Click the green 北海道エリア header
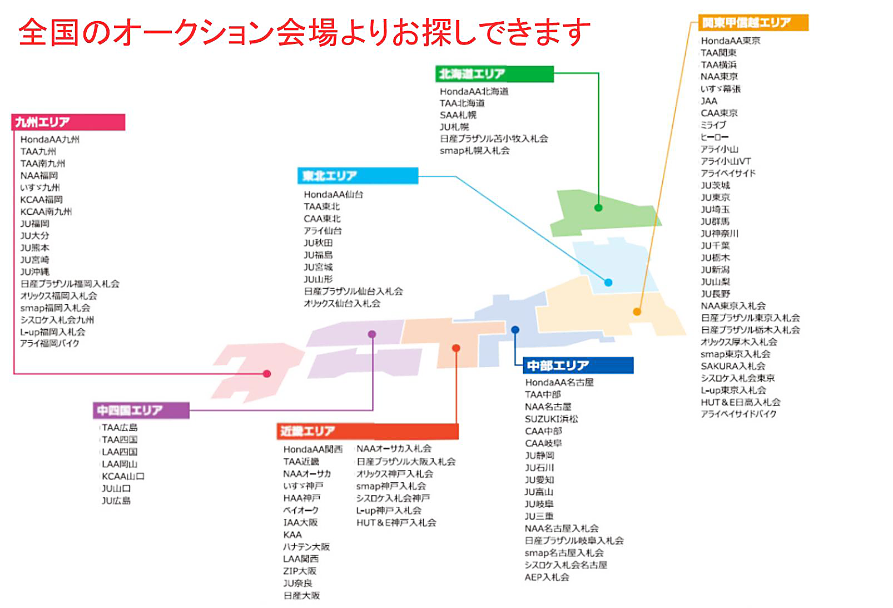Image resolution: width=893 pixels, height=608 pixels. click(x=494, y=74)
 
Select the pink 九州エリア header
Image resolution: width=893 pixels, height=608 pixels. click(x=68, y=122)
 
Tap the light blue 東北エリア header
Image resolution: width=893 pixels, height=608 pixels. click(x=358, y=176)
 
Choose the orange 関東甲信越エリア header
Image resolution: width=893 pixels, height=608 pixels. click(x=753, y=23)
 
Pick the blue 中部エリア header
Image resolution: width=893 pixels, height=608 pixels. click(x=577, y=365)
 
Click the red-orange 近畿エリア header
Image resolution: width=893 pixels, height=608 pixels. click(x=368, y=431)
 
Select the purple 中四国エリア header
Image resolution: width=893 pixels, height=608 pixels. click(x=142, y=411)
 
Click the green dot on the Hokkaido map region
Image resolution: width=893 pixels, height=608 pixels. click(x=598, y=207)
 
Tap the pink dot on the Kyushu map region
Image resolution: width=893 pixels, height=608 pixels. click(x=267, y=373)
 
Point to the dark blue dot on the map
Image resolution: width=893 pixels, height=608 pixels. click(x=515, y=330)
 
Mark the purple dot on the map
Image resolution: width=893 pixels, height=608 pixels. click(x=372, y=334)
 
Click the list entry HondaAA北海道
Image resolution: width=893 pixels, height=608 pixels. click(x=474, y=91)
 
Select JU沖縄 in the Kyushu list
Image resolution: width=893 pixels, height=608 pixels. click(x=35, y=271)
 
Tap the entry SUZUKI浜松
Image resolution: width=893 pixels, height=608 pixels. click(x=551, y=419)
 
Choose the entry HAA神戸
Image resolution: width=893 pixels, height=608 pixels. click(x=301, y=498)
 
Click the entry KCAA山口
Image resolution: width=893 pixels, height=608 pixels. click(x=123, y=476)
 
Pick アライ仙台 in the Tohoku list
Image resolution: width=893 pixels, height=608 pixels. click(x=323, y=230)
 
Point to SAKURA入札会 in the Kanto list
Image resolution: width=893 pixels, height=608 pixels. click(x=733, y=366)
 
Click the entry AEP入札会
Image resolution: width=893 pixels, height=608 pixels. click(x=547, y=577)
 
